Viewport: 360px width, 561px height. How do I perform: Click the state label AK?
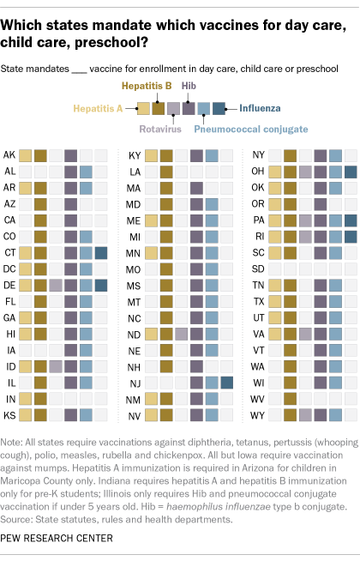(x=10, y=155)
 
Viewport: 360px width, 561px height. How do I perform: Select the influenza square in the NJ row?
(x=226, y=383)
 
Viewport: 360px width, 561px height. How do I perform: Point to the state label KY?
(x=135, y=155)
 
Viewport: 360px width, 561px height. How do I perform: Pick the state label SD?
(x=259, y=269)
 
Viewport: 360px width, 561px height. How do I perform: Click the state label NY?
(x=259, y=155)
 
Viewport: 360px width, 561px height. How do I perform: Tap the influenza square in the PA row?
(x=351, y=220)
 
